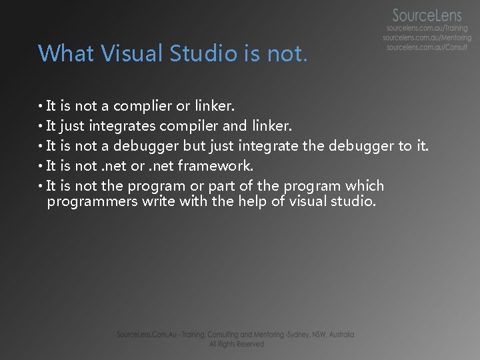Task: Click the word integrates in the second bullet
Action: pyautogui.click(x=122, y=126)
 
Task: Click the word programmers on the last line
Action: pyautogui.click(x=93, y=201)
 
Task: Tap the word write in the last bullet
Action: pyautogui.click(x=158, y=201)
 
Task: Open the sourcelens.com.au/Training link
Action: pyautogui.click(x=428, y=30)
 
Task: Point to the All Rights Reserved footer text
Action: pyautogui.click(x=237, y=344)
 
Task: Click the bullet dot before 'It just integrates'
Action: pyautogui.click(x=41, y=127)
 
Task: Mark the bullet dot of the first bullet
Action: pyautogui.click(x=41, y=107)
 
